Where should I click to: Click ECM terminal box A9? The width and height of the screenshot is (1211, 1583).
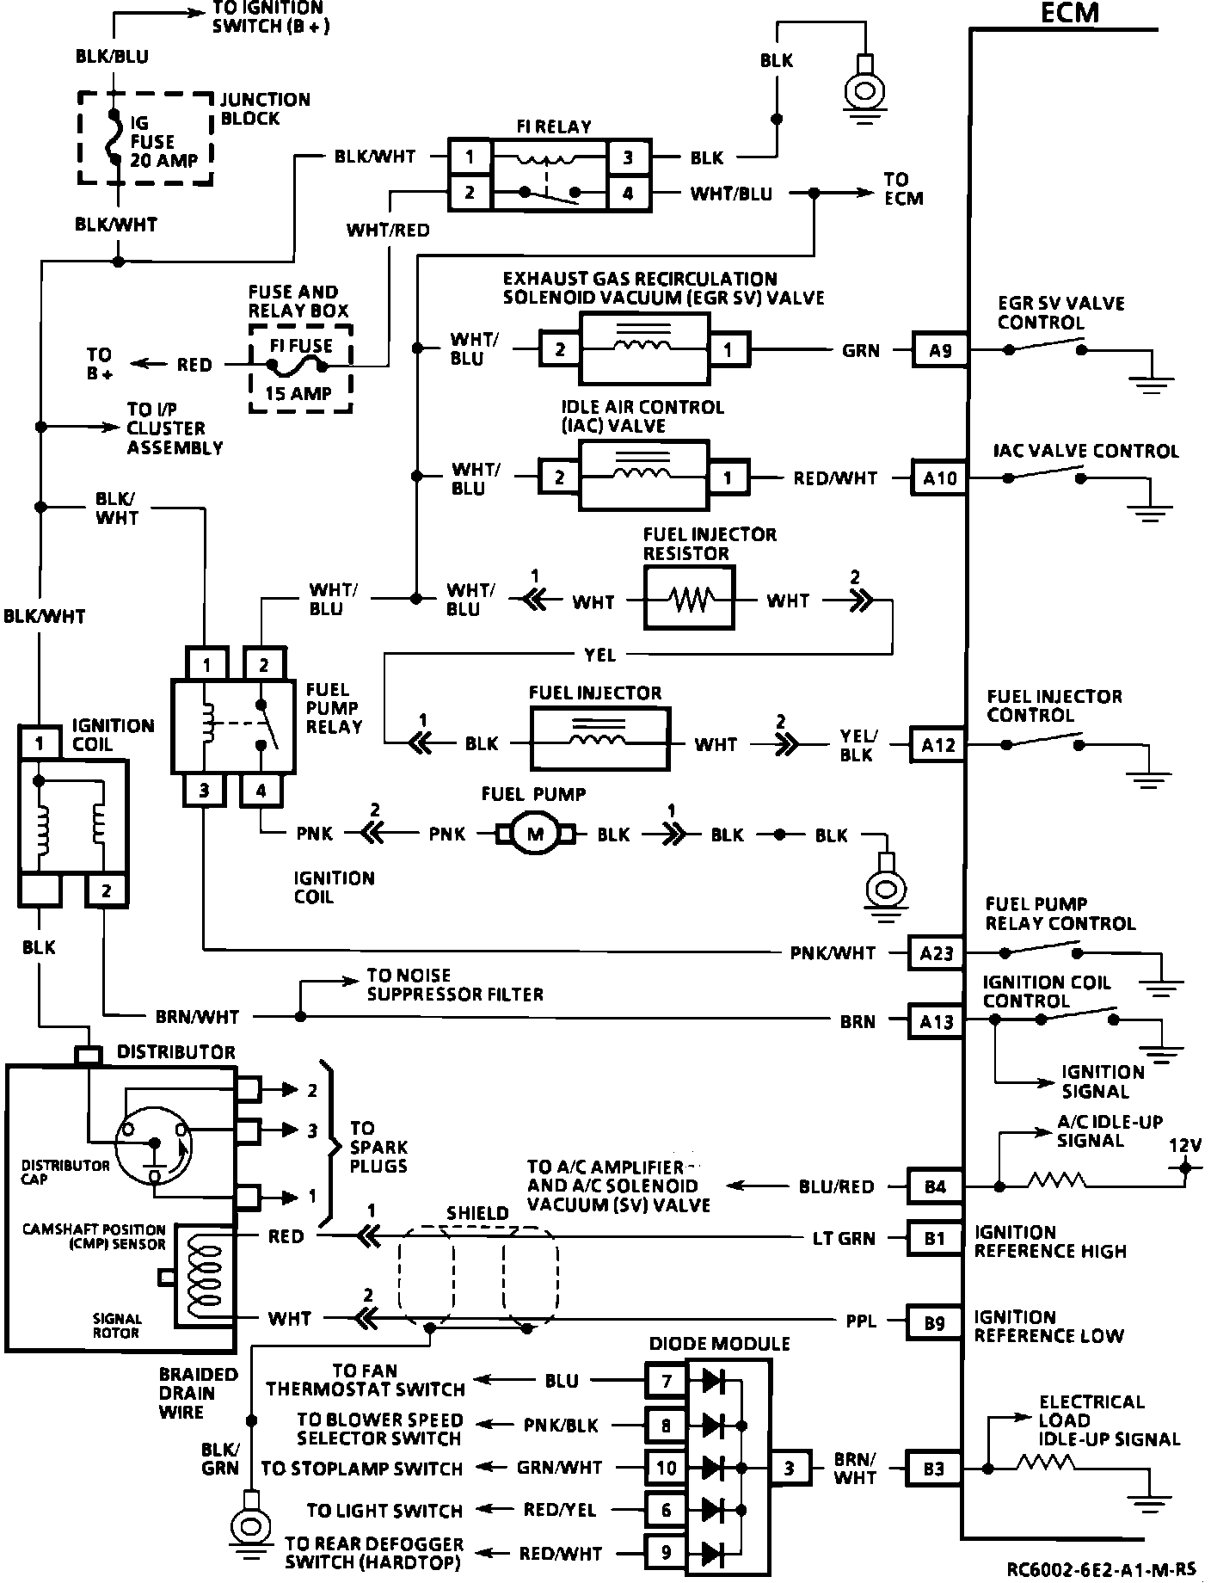[x=939, y=350]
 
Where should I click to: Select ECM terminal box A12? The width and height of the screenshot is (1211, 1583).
[x=938, y=744]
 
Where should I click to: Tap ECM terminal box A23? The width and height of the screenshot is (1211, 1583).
[x=937, y=953]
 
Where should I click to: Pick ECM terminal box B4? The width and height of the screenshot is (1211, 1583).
[x=935, y=1186]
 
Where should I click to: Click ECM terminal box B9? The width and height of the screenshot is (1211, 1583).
[x=935, y=1323]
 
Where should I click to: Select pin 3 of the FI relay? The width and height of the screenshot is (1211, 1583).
[x=628, y=157]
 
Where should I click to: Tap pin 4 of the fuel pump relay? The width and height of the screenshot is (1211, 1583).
[x=261, y=790]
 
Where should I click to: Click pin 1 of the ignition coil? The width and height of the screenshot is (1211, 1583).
[x=40, y=742]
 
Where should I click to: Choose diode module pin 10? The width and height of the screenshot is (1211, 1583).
[x=667, y=1468]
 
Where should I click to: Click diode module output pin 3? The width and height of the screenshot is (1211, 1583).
[x=790, y=1468]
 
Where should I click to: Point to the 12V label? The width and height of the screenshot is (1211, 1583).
[x=1184, y=1145]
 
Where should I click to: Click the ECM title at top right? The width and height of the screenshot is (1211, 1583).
[x=1070, y=13]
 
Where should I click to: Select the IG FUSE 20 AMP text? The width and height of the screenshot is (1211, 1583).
[x=163, y=142]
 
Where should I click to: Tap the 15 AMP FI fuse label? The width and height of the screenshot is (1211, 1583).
[x=298, y=394]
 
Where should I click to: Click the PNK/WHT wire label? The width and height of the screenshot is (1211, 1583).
[x=833, y=953]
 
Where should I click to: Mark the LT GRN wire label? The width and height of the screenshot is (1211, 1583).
[x=844, y=1238]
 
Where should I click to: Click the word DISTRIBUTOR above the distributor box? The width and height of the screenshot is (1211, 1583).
[x=176, y=1052]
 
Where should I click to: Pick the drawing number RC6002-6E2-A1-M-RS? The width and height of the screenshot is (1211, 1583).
[x=1103, y=1570]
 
